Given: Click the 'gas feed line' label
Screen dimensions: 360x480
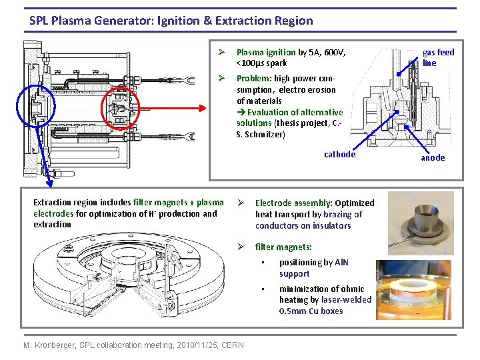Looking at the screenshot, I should pos(438,57).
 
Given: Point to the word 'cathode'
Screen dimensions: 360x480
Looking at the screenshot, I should pos(339,155).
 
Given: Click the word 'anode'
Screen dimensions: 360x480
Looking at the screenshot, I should pos(433,158).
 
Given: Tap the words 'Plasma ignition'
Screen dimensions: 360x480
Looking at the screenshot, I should pos(266,52).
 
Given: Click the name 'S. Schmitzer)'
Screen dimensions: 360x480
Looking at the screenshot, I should pos(260,135).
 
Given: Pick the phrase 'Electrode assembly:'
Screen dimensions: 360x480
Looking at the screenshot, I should pos(294,203).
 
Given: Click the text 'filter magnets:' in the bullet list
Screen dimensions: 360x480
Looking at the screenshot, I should pos(283,247).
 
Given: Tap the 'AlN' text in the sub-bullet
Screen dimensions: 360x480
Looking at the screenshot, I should pos(341,263).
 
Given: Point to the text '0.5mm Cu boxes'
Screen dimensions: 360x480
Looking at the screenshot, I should pos(311,311).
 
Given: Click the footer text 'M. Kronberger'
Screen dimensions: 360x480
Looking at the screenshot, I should pos(49,345).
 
